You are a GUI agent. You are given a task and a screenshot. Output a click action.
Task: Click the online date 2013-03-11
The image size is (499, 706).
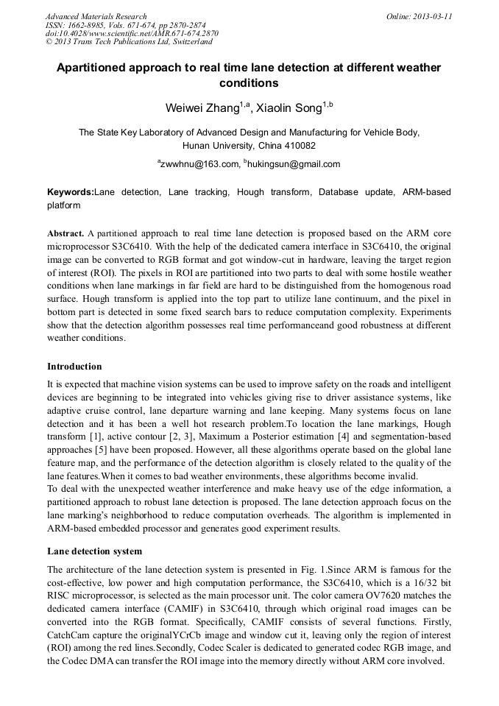tap(433, 16)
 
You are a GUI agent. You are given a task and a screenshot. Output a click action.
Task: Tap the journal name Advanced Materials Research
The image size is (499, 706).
tap(96, 16)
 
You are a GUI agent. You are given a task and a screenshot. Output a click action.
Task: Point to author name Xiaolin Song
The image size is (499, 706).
tap(290, 108)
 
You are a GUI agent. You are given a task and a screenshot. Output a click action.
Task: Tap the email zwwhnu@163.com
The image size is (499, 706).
tap(200, 164)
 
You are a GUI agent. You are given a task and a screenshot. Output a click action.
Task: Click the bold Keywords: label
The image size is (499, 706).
tap(71, 192)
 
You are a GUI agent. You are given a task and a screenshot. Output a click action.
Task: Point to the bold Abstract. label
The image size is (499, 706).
tap(66, 231)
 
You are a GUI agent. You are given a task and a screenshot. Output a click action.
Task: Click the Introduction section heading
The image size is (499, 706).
tap(74, 366)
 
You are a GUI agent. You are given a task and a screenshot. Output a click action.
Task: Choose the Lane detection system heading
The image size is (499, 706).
tap(94, 551)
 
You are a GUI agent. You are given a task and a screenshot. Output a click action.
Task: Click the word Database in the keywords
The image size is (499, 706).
tap(340, 192)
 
